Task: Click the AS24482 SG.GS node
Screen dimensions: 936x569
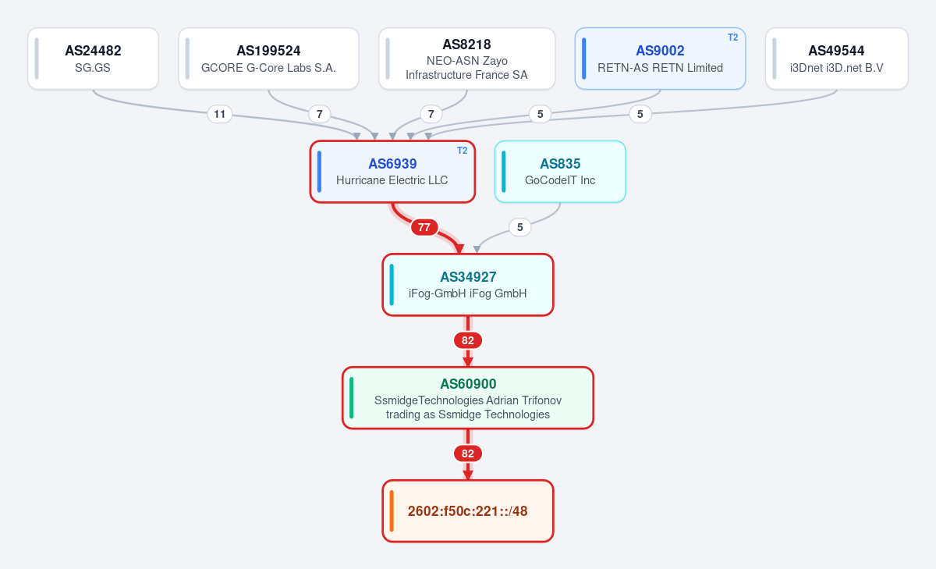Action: click(93, 59)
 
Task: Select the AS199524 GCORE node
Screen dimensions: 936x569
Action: click(268, 59)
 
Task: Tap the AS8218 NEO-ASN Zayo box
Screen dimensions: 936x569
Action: click(466, 59)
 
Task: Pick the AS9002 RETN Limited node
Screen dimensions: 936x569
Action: click(660, 59)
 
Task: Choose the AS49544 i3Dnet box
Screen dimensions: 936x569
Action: click(836, 59)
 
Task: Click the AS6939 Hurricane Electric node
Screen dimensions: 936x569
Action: click(392, 172)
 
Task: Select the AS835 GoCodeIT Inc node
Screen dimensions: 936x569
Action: click(560, 172)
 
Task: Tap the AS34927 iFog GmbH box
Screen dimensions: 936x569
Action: click(468, 285)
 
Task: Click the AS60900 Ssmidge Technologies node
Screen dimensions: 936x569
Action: click(468, 398)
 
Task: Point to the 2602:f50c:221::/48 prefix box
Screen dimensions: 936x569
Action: click(468, 511)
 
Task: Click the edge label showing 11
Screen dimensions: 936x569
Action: click(220, 114)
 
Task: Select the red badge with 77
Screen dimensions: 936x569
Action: click(424, 227)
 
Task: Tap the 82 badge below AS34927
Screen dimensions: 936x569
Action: click(468, 340)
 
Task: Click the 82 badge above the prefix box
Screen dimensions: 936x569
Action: click(468, 453)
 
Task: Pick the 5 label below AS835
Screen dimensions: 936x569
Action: click(519, 227)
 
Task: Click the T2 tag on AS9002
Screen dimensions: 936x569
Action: click(733, 37)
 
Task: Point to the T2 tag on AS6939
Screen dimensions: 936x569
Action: click(462, 151)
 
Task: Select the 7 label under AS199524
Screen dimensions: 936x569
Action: click(320, 114)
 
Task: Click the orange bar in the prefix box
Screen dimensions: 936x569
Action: click(392, 511)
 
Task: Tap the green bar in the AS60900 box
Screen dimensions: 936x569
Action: click(352, 398)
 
